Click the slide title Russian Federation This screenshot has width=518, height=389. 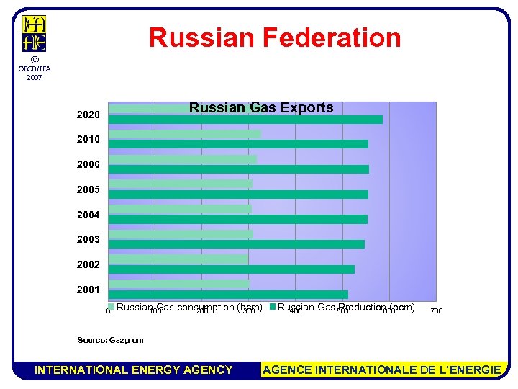[275, 37]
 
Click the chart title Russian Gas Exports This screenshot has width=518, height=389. [261, 108]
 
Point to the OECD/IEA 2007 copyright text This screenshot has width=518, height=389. [34, 68]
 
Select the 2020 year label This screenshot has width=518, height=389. [88, 115]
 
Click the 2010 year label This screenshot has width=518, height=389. [88, 139]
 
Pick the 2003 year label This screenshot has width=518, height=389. [88, 239]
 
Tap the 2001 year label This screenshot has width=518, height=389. [88, 290]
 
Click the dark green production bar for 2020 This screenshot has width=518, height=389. [245, 120]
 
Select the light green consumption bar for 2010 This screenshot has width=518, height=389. [184, 134]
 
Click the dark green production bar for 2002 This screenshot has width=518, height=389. [231, 269]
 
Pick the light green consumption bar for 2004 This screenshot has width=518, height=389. [179, 209]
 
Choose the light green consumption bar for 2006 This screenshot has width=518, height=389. [182, 159]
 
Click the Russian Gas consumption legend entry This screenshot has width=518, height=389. [188, 308]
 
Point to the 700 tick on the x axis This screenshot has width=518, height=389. [436, 311]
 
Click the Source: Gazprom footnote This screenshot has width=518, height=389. [110, 340]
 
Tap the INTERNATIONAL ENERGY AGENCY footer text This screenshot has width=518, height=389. [134, 370]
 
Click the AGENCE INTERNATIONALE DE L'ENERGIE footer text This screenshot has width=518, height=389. [382, 370]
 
